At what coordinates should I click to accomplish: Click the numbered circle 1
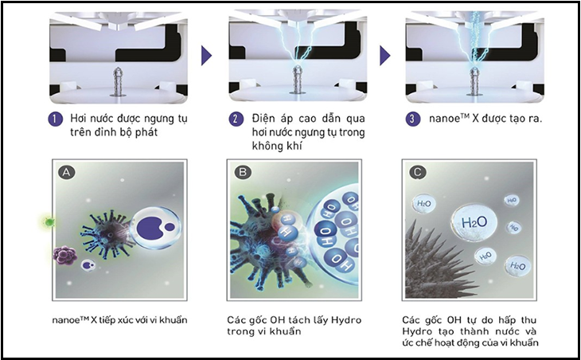click(x=55, y=119)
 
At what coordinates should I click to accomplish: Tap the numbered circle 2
click(x=236, y=119)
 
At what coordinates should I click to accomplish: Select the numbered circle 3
click(x=413, y=119)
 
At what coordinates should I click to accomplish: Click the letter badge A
click(x=67, y=172)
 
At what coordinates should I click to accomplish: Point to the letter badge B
click(x=243, y=172)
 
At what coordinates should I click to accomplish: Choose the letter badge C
click(x=418, y=172)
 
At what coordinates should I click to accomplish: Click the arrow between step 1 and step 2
click(x=206, y=56)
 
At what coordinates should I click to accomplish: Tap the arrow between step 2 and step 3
click(x=385, y=56)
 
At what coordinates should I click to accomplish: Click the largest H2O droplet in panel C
click(x=474, y=222)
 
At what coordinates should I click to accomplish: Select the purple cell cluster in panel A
click(x=65, y=255)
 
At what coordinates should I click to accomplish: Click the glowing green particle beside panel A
click(x=49, y=222)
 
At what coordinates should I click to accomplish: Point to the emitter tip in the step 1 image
click(x=119, y=69)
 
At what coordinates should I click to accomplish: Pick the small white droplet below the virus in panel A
click(x=88, y=265)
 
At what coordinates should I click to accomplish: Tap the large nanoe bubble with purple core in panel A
click(x=156, y=228)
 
